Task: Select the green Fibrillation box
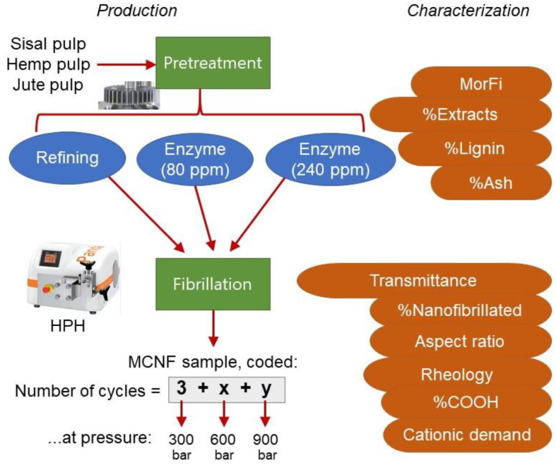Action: [x=212, y=284]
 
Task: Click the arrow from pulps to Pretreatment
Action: [x=126, y=64]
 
